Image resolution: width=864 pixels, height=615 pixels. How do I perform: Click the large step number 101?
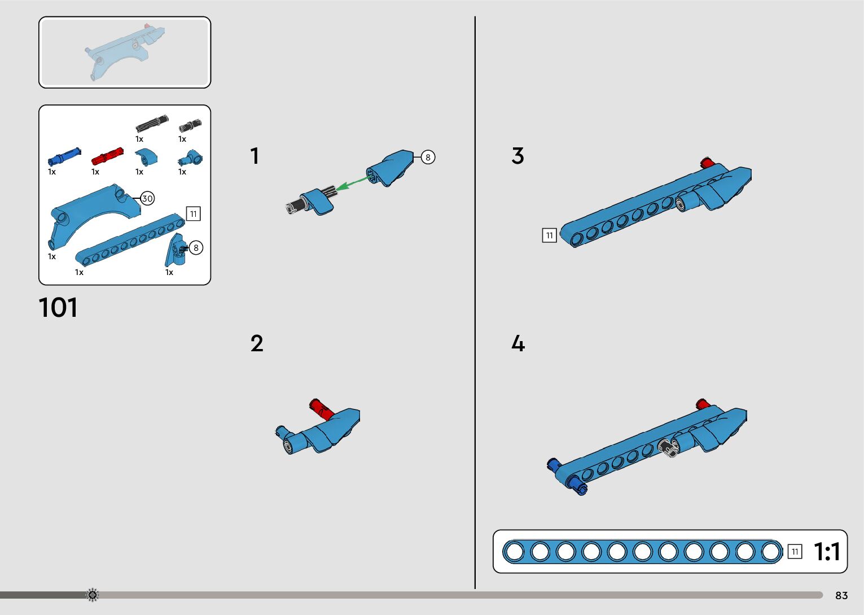[x=58, y=308]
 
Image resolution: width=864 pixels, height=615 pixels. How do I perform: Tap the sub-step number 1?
[x=255, y=156]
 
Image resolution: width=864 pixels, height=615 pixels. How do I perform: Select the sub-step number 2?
[x=257, y=343]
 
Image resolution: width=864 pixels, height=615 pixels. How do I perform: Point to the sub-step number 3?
[x=517, y=156]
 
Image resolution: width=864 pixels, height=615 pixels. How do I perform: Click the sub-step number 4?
[x=517, y=343]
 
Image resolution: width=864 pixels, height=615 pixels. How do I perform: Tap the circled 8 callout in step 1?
[x=428, y=157]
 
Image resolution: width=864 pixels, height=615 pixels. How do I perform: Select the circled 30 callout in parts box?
[x=147, y=198]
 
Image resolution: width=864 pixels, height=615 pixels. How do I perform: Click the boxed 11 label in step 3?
[x=549, y=235]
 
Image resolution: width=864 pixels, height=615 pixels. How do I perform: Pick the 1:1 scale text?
[x=827, y=552]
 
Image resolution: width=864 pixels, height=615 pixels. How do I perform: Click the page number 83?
[x=841, y=595]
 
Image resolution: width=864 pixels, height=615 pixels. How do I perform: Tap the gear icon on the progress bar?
[x=92, y=595]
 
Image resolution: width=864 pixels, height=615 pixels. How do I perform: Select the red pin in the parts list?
[x=107, y=155]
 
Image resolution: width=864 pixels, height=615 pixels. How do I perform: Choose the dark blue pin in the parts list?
[x=64, y=155]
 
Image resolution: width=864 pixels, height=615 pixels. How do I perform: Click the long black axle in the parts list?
[x=152, y=123]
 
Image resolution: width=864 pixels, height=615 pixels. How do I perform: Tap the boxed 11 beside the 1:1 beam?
[x=795, y=552]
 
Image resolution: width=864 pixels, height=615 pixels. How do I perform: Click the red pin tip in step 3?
[x=705, y=163]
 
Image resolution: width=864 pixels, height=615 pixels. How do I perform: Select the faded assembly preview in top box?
[x=125, y=52]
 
